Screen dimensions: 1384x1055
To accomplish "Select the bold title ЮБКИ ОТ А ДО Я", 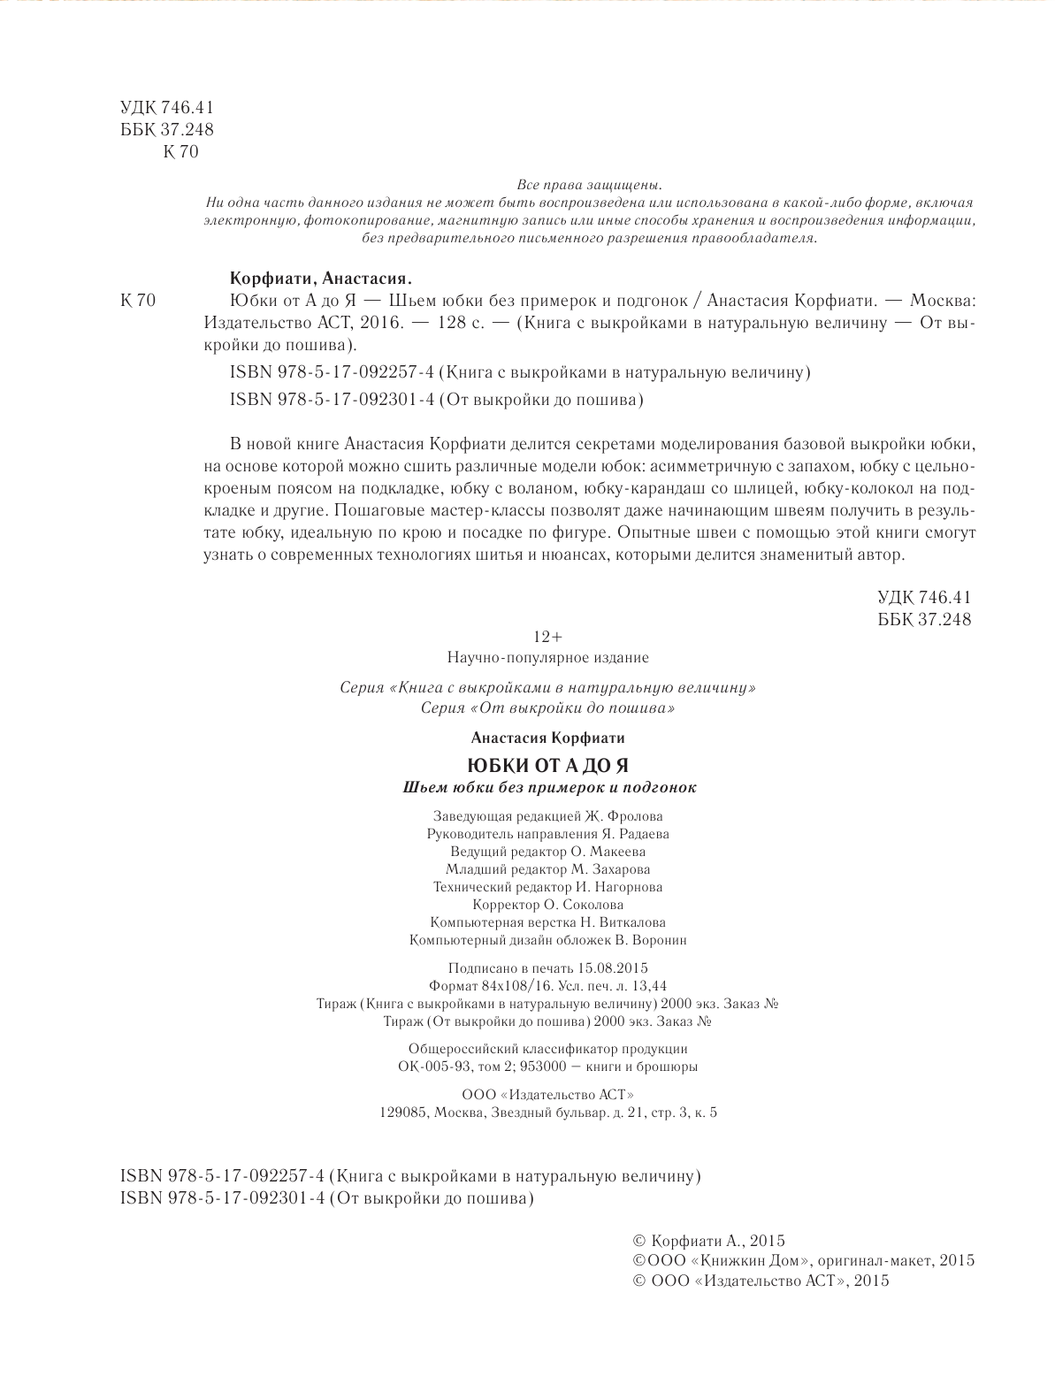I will point(547,766).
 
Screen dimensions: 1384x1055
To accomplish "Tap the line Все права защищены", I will point(588,186).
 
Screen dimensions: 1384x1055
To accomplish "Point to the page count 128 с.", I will point(454,324).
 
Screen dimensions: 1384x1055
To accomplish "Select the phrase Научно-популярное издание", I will point(547,658).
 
